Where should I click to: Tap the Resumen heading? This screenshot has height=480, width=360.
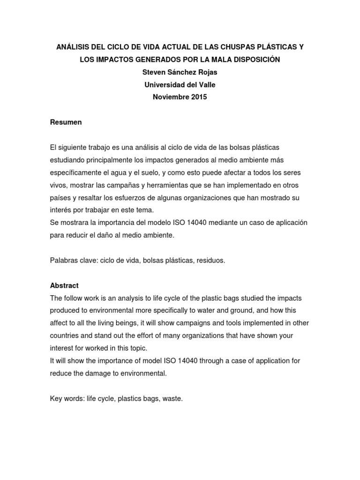[x=66, y=122]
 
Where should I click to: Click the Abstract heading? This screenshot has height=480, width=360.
[x=64, y=285]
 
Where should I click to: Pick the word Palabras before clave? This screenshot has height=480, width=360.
[x=63, y=260]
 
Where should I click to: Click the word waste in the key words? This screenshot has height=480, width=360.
[x=172, y=399]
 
